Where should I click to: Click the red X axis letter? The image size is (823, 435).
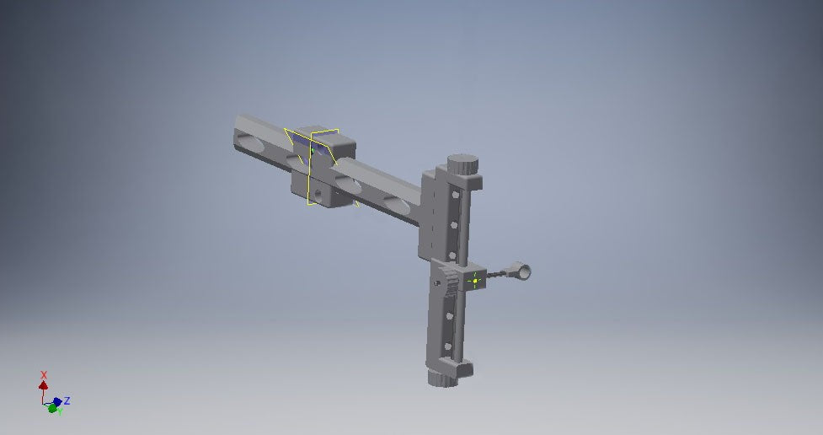coord(44,374)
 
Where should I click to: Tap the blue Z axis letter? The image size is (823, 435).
coord(67,400)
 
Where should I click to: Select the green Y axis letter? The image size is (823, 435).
coord(60,412)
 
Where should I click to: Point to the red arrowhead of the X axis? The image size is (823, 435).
coord(44,385)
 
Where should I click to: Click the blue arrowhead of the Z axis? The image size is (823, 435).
coord(57,401)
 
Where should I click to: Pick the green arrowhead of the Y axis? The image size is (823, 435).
coord(52,409)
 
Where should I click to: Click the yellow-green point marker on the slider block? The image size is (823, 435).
coord(474,280)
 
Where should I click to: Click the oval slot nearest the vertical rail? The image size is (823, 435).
coord(395,201)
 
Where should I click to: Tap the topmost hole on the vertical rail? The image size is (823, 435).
coord(456,195)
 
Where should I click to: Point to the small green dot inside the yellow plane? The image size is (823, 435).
coord(312,151)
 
